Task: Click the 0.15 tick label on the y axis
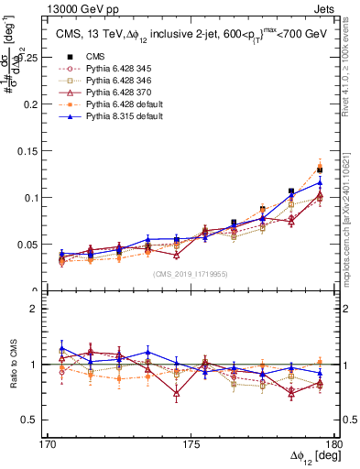(x=37, y=150)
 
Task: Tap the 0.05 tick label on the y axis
(x=37, y=245)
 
